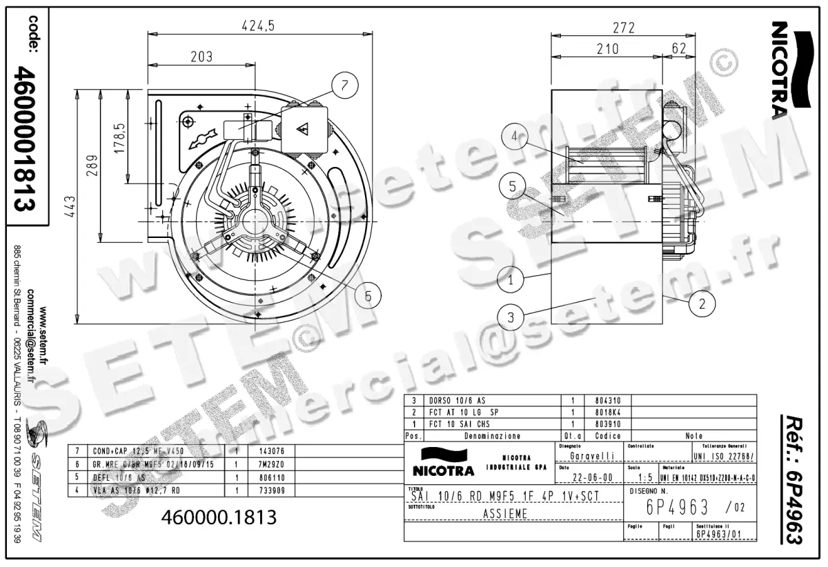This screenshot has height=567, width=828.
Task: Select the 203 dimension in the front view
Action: pyautogui.click(x=201, y=57)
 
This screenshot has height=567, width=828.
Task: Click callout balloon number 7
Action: pyautogui.click(x=346, y=86)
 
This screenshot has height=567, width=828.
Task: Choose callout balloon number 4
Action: pyautogui.click(x=513, y=137)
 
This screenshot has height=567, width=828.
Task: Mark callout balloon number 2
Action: pyautogui.click(x=701, y=303)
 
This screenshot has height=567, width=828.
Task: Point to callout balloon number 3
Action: pyautogui.click(x=511, y=317)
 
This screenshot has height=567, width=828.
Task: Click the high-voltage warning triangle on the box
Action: pyautogui.click(x=302, y=129)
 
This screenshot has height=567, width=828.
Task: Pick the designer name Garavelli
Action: pyautogui.click(x=592, y=456)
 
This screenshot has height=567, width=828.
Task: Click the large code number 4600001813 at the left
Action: pyautogui.click(x=26, y=138)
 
